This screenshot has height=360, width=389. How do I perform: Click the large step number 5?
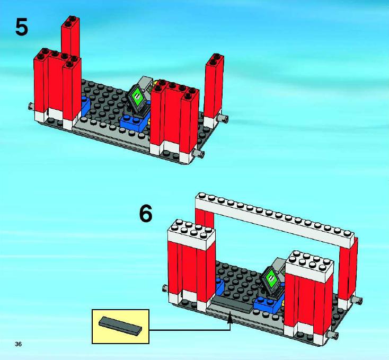click(22, 27)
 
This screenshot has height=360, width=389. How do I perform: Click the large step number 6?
click(146, 214)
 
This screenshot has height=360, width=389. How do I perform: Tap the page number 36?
click(18, 344)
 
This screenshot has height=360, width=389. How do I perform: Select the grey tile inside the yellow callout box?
click(121, 326)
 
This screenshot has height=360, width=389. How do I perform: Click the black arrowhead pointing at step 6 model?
click(230, 318)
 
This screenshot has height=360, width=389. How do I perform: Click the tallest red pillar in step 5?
click(70, 37)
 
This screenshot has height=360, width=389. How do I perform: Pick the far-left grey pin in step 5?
click(31, 107)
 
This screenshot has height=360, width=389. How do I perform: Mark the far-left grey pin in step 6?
click(165, 288)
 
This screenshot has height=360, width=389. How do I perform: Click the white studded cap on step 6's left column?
click(191, 234)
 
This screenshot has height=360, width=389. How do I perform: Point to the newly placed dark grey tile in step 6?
click(232, 304)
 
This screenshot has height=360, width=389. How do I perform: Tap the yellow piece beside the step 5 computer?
click(149, 121)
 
